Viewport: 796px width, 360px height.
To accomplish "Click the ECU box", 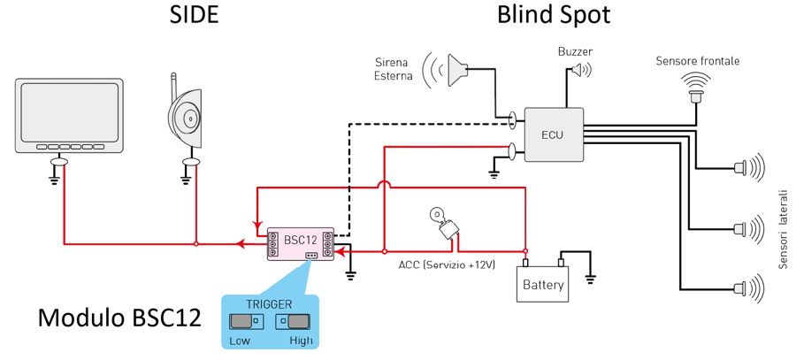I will (x=555, y=134).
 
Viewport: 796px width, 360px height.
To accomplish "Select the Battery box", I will (x=543, y=285).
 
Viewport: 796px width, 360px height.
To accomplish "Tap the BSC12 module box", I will (x=301, y=242).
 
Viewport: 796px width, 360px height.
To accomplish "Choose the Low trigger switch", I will (x=241, y=320).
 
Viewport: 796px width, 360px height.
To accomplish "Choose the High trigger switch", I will (x=299, y=320).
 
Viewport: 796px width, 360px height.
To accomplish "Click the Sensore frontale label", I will (x=697, y=61).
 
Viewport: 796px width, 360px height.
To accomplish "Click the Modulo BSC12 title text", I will (x=119, y=318).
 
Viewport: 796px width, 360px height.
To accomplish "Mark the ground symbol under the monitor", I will (x=55, y=179).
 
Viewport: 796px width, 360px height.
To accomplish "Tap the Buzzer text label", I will (x=575, y=52).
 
